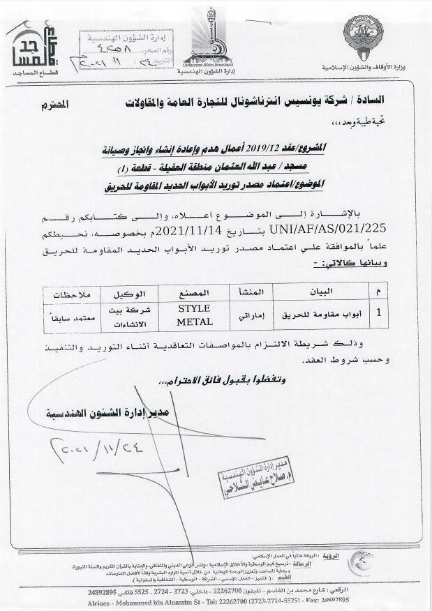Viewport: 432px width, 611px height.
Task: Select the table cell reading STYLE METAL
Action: pos(194,315)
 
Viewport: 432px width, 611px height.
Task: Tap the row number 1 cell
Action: pos(378,315)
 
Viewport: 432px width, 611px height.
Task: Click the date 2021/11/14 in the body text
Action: pos(188,227)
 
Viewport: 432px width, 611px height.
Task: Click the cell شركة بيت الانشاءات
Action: pos(133,315)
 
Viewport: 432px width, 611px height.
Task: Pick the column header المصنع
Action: pos(194,292)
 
